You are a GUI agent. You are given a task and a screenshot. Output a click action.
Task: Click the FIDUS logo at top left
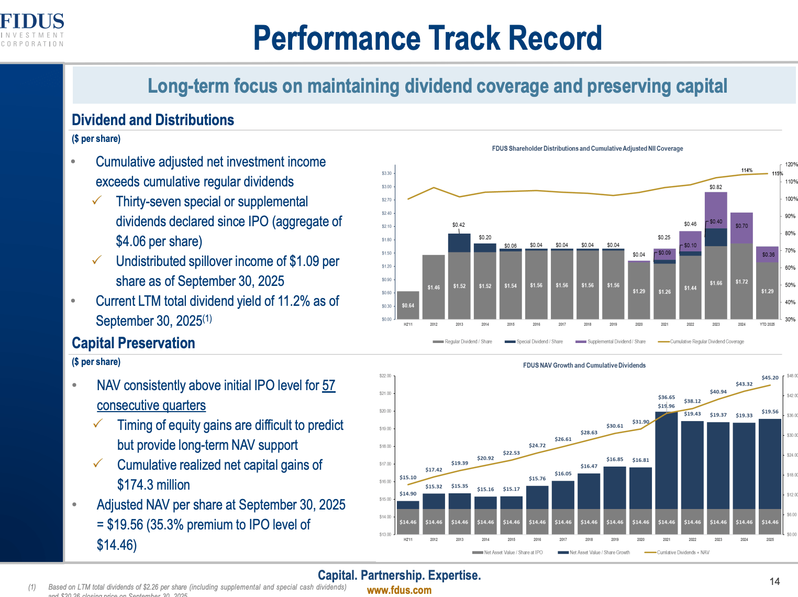pos(32,29)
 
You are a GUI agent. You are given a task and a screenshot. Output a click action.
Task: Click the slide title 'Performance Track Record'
pos(427,38)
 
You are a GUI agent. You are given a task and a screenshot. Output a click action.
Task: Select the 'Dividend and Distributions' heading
pos(153,120)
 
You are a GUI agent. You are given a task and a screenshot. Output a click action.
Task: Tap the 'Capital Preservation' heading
pos(134,343)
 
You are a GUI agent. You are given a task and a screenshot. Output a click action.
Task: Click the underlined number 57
pos(328,385)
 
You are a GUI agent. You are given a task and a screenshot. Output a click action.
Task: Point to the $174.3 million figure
pos(153,485)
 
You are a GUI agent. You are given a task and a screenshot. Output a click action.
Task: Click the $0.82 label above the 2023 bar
pos(715,187)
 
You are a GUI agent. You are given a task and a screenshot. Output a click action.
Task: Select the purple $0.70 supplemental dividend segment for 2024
pos(741,226)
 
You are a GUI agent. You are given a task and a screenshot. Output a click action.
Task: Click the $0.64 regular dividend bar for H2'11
pos(408,305)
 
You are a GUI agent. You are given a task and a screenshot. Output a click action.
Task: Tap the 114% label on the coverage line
pos(747,170)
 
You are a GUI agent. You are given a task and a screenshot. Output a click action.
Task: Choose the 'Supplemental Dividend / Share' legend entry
pos(611,341)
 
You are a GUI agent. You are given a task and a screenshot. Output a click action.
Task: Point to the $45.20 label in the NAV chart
pos(770,378)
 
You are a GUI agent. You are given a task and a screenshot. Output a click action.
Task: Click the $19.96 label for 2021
pos(666,406)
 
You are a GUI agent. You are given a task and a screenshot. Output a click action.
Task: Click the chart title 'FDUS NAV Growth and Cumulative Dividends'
pos(584,365)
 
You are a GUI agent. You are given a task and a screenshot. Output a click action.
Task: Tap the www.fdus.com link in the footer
pos(399,590)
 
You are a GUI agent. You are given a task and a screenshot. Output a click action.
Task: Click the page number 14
pos(774,581)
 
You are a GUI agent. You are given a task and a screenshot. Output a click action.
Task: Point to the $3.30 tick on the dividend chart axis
pos(386,173)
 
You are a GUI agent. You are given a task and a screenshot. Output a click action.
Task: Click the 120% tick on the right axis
pos(791,164)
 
